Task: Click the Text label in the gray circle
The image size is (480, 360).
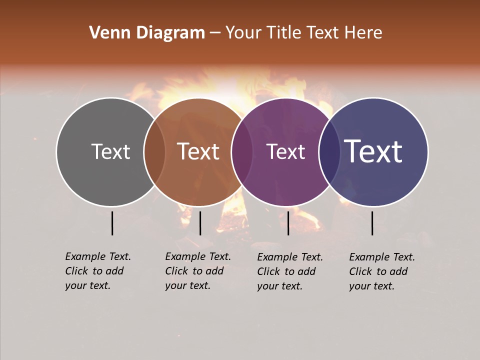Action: tap(110, 151)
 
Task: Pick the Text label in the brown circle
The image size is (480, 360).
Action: tap(198, 151)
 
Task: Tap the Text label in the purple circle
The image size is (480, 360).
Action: tap(286, 151)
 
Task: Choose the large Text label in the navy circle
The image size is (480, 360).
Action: tap(373, 151)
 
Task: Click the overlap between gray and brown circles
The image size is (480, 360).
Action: tap(154, 152)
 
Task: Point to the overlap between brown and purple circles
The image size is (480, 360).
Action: tap(242, 152)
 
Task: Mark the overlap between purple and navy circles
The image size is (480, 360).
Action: tap(329, 152)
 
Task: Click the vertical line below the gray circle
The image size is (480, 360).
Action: tap(112, 223)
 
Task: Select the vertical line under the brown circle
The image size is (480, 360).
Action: tap(200, 223)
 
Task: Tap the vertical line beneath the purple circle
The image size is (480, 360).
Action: tap(288, 223)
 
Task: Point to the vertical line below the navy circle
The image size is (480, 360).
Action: tap(372, 223)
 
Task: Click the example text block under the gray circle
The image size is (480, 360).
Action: tap(98, 271)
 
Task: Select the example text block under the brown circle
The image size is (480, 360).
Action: tap(198, 271)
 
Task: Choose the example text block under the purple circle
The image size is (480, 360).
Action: tap(290, 271)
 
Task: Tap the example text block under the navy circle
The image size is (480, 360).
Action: tap(382, 271)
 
